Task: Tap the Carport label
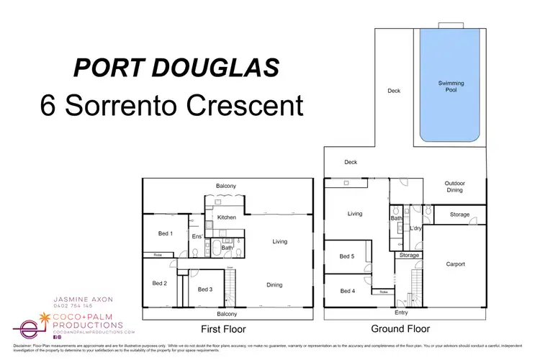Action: pyautogui.click(x=455, y=264)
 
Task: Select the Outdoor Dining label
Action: pyautogui.click(x=454, y=187)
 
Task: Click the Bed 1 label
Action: pyautogui.click(x=165, y=233)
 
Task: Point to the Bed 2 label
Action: pyautogui.click(x=160, y=283)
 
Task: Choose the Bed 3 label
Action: pyautogui.click(x=204, y=289)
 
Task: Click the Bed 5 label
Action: pyautogui.click(x=346, y=256)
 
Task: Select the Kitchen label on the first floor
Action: pyautogui.click(x=227, y=217)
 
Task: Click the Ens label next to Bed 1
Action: pyautogui.click(x=196, y=236)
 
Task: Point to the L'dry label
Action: pyautogui.click(x=415, y=228)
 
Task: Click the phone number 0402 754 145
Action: pyautogui.click(x=72, y=306)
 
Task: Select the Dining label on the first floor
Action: pyautogui.click(x=274, y=284)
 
